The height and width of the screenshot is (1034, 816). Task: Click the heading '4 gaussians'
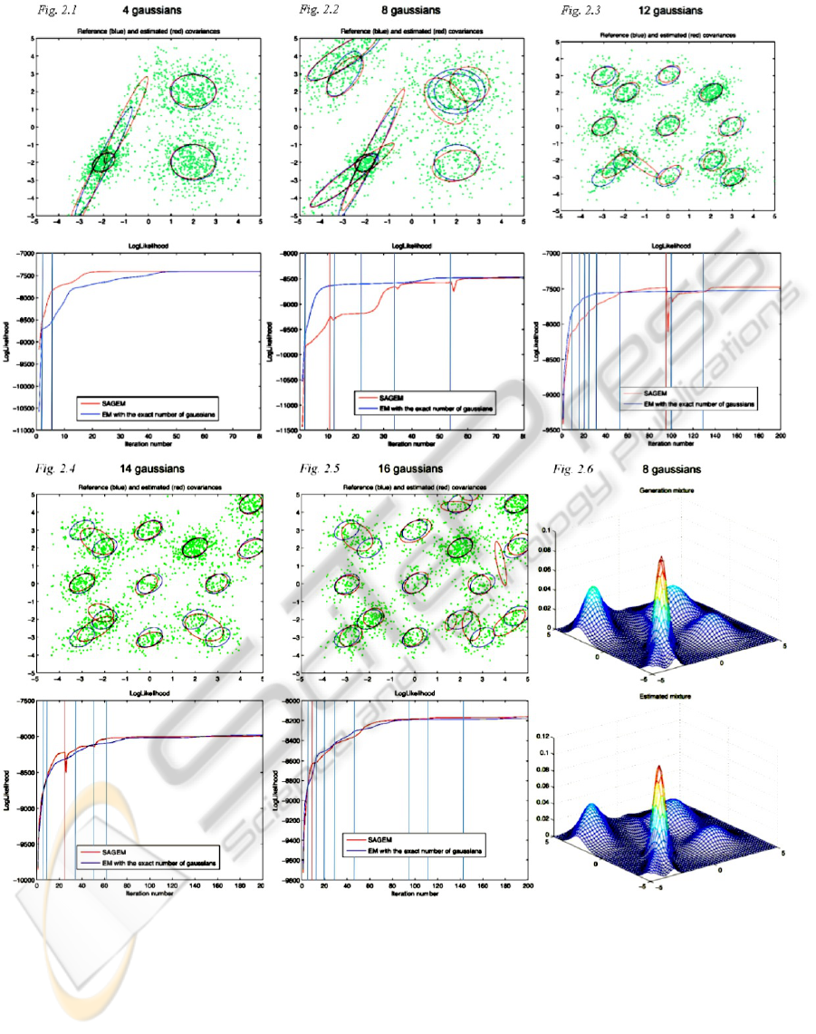[x=150, y=10]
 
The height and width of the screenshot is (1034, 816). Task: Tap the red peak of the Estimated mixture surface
[x=660, y=769]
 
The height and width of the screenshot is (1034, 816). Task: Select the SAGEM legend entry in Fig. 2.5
[x=380, y=841]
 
